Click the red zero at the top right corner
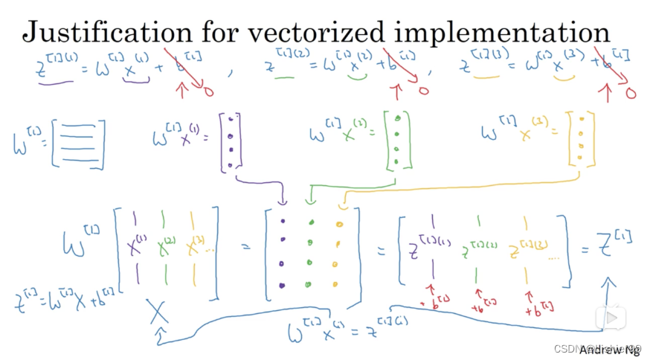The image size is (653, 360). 631,94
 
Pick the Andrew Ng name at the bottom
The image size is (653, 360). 610,347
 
